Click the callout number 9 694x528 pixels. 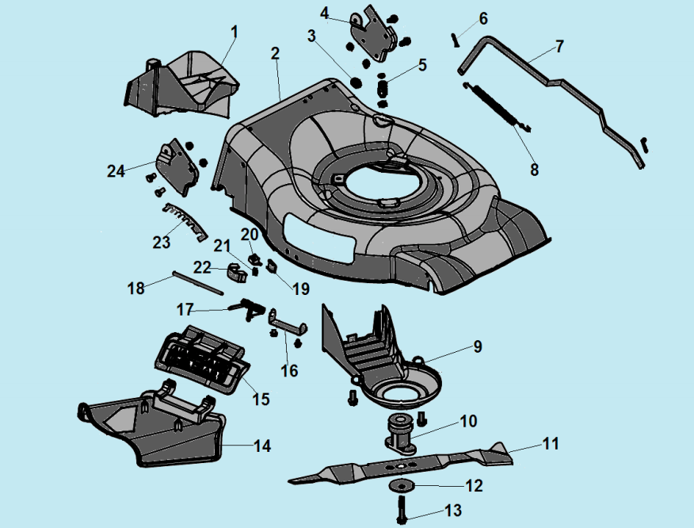click(x=477, y=346)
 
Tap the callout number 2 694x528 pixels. click(x=275, y=55)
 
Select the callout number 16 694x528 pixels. click(x=290, y=370)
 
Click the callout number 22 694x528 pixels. click(x=202, y=267)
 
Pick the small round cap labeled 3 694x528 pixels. click(x=356, y=81)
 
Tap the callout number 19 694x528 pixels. click(x=300, y=289)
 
